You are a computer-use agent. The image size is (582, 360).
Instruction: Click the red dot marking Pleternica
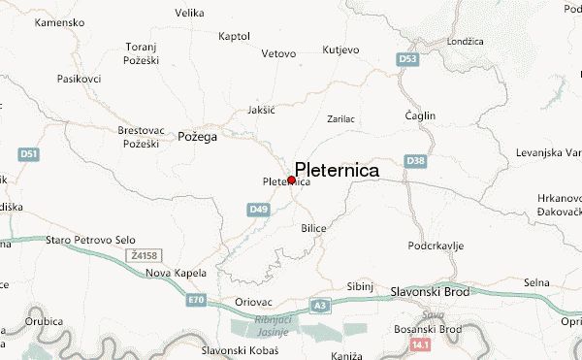pyautogui.click(x=292, y=180)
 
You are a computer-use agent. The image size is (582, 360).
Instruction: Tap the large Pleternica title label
pyautogui.click(x=337, y=169)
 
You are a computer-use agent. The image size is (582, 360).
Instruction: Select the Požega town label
pyautogui.click(x=197, y=137)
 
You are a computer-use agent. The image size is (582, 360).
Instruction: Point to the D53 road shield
pyautogui.click(x=408, y=60)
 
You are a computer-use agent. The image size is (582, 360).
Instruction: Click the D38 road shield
pyautogui.click(x=416, y=160)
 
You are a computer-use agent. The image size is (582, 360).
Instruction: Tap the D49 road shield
pyautogui.click(x=258, y=209)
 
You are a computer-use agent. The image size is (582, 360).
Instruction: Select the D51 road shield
pyautogui.click(x=28, y=154)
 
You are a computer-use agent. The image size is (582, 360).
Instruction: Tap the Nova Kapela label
pyautogui.click(x=172, y=273)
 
